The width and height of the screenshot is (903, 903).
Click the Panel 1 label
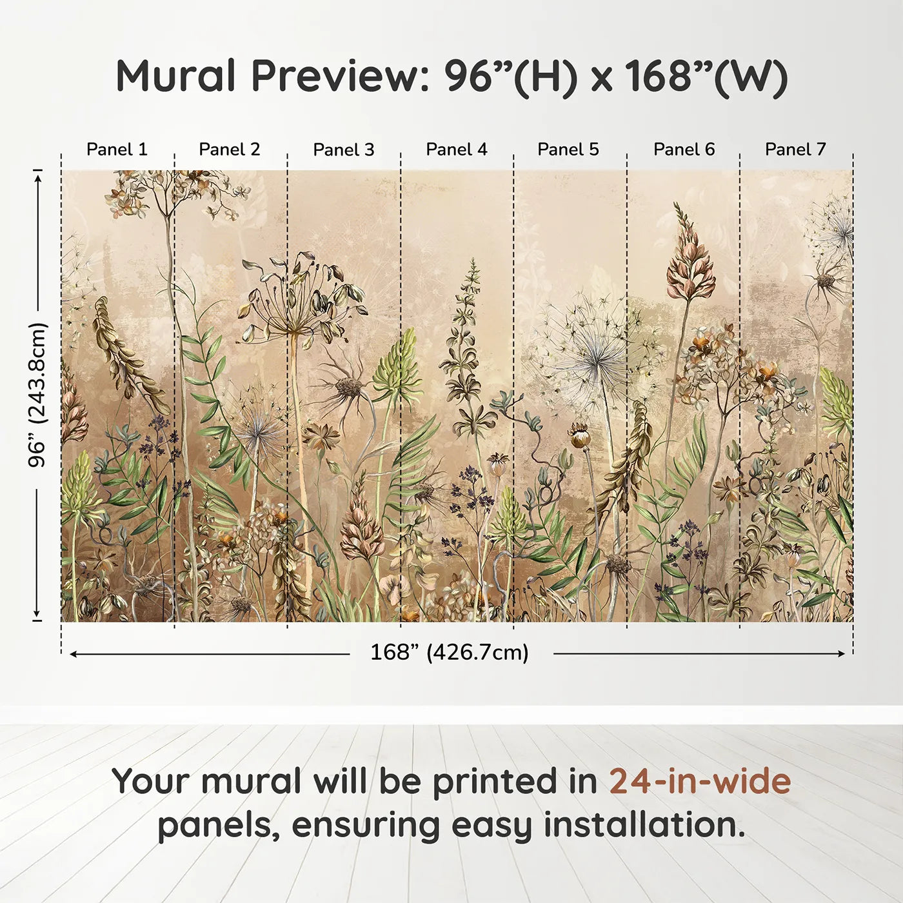tap(117, 150)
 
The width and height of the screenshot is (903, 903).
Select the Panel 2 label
tap(229, 150)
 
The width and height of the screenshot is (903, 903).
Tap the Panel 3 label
tap(343, 150)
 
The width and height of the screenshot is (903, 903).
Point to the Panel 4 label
tap(456, 150)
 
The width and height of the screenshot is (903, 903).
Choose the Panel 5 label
tap(568, 150)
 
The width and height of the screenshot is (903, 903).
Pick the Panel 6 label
tap(684, 150)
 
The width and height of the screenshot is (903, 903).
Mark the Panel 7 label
tap(795, 150)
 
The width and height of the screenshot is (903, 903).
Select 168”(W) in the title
tap(706, 76)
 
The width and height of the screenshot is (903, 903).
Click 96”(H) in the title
tap(510, 76)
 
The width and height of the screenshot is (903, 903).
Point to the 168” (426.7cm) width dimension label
tap(449, 653)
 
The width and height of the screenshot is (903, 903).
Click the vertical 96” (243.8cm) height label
tap(37, 395)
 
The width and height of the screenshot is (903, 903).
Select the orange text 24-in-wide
tap(700, 782)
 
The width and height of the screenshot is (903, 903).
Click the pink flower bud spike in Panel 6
tap(689, 258)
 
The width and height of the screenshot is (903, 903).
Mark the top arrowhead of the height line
tap(37, 176)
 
